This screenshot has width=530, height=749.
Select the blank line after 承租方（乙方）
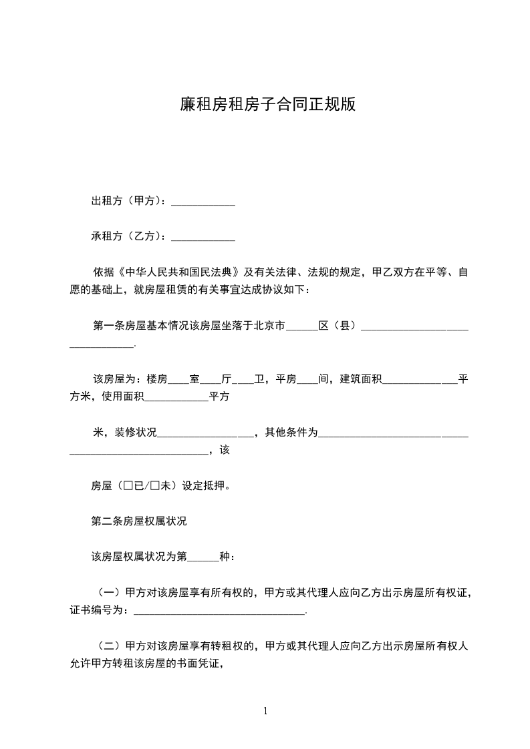(203, 236)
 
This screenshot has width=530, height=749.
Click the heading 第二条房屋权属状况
(139, 521)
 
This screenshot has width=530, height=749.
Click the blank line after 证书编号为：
(219, 610)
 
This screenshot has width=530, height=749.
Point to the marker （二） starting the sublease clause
(109, 646)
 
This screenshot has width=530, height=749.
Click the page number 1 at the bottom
(265, 711)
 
